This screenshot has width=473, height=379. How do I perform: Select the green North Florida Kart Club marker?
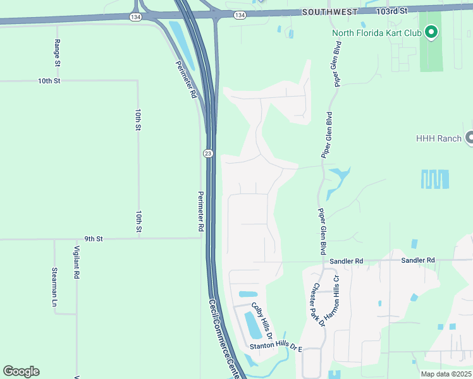tap(431, 32)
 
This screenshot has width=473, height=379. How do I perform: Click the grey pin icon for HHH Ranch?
tap(469, 138)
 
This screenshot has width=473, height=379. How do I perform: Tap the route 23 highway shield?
tap(207, 153)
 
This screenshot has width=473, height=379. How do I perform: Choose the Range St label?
tap(57, 53)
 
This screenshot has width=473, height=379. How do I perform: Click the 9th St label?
tap(94, 239)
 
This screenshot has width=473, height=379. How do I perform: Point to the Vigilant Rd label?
tap(77, 262)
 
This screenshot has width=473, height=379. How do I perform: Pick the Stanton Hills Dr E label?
tap(276, 347)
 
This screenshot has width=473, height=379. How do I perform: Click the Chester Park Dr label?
tap(316, 304)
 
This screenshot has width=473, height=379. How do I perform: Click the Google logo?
tap(21, 371)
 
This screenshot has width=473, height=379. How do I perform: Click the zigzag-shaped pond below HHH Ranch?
tap(435, 179)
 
